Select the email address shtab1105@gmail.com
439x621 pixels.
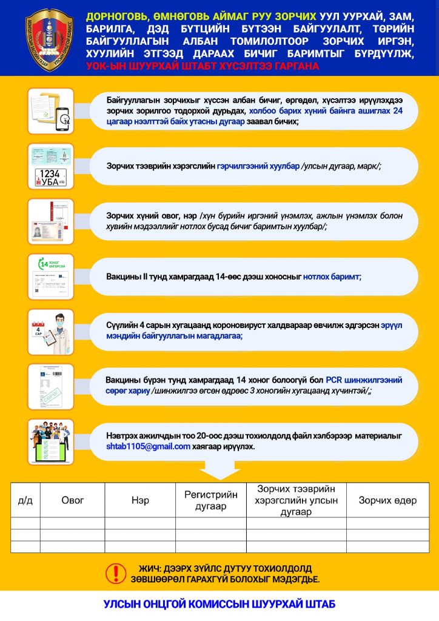(x=144, y=447)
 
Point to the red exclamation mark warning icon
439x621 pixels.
(x=113, y=573)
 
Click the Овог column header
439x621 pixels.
(x=73, y=501)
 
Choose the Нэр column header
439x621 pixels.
(x=140, y=501)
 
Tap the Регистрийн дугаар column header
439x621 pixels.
(x=211, y=501)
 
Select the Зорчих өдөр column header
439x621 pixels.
(x=387, y=501)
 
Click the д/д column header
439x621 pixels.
(x=25, y=501)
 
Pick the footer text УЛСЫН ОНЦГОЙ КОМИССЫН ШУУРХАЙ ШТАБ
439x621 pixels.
(x=219, y=605)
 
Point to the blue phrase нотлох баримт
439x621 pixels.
(x=332, y=276)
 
